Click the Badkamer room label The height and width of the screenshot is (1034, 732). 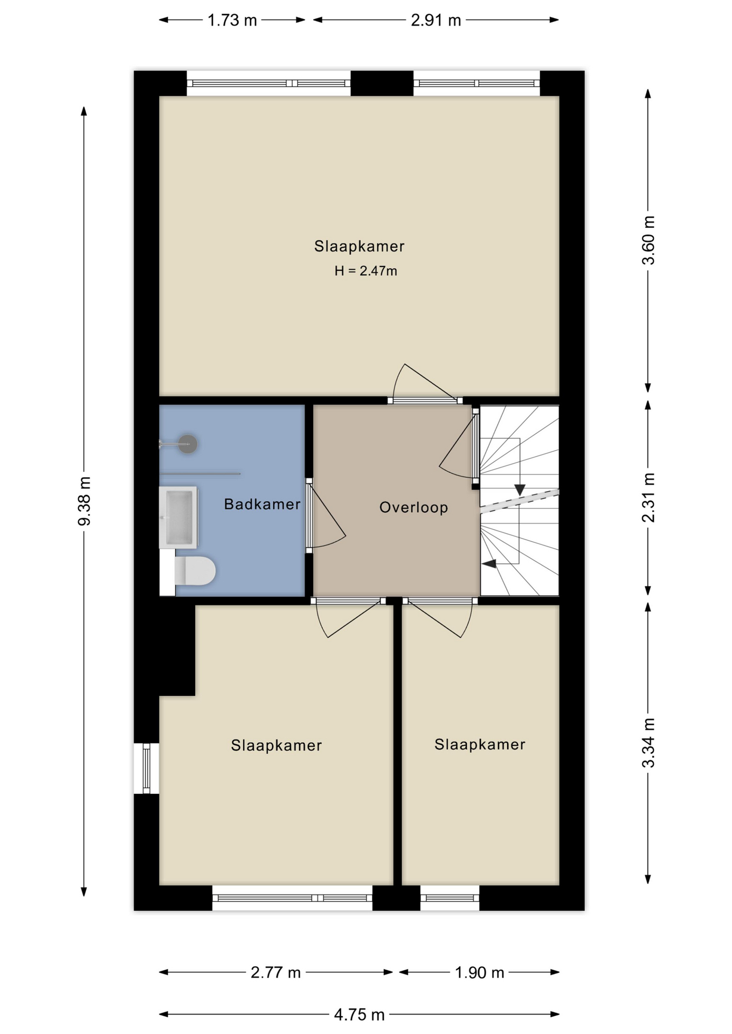coord(262,504)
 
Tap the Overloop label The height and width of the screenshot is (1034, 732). coord(413,507)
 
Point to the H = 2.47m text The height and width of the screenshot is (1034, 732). coord(365,271)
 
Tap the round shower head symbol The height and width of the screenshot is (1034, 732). coord(188,444)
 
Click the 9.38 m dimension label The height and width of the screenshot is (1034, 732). coord(84,501)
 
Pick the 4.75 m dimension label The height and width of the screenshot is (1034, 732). coord(359,1015)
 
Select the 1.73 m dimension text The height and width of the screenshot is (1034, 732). coord(232,20)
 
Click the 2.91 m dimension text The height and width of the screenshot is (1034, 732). coord(436,20)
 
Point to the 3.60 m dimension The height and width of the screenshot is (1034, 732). coord(648,240)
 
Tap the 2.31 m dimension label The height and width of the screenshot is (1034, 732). coord(648,498)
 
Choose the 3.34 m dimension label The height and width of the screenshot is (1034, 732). coord(648,743)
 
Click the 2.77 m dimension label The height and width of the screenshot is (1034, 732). coord(275,973)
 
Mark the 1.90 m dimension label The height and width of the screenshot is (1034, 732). coord(479,973)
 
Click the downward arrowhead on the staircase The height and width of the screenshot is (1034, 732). coord(520,490)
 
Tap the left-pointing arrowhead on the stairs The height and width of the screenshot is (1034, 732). coord(489,564)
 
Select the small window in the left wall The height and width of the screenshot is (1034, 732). coord(146,768)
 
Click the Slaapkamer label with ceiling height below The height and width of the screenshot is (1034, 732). coord(359,246)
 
